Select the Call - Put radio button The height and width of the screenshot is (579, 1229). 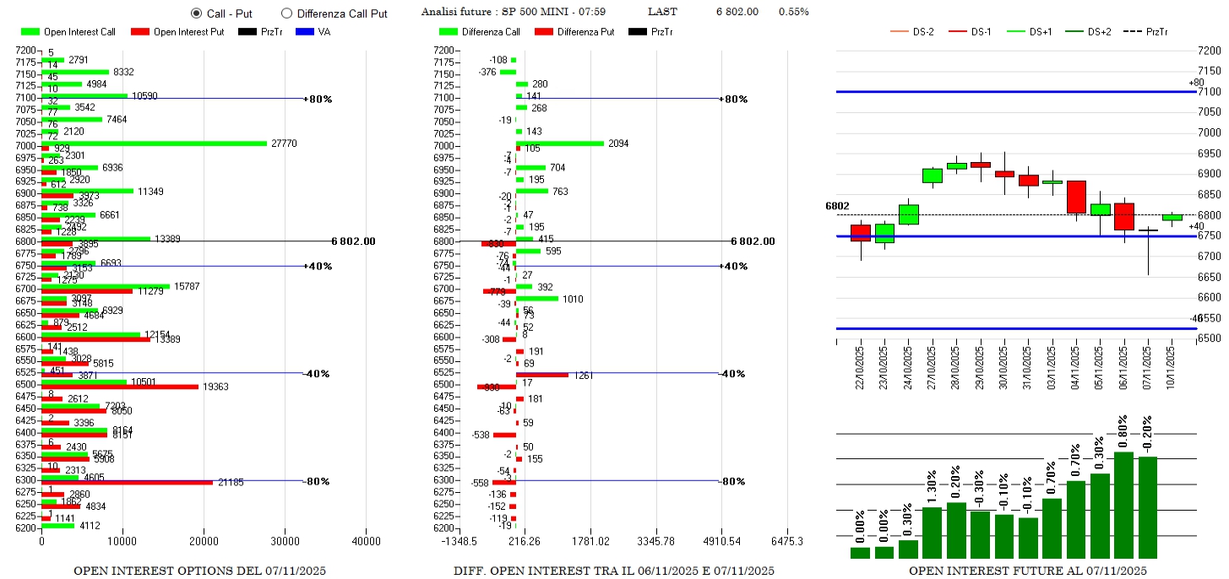(x=197, y=14)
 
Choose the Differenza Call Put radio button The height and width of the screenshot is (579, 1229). (x=286, y=14)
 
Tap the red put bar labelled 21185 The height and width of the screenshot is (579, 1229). (x=127, y=482)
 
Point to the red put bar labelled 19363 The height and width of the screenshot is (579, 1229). (x=119, y=387)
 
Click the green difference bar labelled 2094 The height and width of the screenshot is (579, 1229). (x=560, y=143)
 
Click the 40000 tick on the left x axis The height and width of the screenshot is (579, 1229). (x=366, y=541)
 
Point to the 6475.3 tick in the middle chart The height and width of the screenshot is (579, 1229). (x=786, y=541)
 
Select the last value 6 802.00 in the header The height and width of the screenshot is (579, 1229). (x=737, y=12)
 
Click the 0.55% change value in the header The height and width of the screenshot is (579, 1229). (x=793, y=12)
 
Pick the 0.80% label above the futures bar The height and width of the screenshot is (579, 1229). (x=1123, y=431)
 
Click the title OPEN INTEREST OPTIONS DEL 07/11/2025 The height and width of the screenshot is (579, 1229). (x=199, y=571)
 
